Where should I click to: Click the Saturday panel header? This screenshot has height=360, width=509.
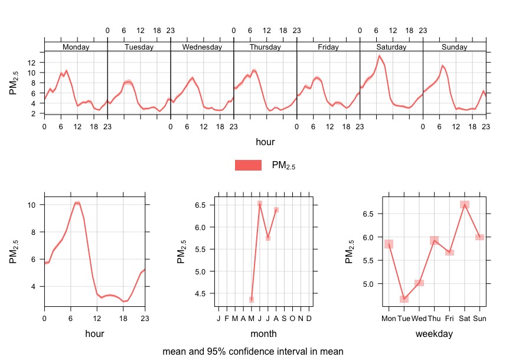coord(391,47)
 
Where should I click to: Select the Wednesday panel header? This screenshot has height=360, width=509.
coord(202,47)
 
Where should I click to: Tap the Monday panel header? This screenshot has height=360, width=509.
coord(76,47)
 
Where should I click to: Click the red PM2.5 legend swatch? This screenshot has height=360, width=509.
coord(248,165)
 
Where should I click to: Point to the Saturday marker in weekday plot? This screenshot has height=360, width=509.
coord(465,205)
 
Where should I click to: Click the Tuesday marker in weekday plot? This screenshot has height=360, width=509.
coord(404,299)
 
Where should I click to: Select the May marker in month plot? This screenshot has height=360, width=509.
coord(252,300)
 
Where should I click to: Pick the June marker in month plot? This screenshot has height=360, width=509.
coord(260,204)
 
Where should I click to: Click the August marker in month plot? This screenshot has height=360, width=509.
coord(276,210)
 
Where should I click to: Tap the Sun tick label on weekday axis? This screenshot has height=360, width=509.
coord(479,319)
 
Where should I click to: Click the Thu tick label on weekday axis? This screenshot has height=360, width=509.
coord(434,319)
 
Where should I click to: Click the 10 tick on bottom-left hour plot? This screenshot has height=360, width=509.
coord(32,205)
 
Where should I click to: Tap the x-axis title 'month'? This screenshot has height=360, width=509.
coord(263,334)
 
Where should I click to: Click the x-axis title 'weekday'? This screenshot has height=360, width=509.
coord(434,334)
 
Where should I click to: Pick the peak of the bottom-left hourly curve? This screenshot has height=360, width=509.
coord(77,203)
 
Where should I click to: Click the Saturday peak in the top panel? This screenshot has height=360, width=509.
coord(379,56)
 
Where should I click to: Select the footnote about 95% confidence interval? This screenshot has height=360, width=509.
coord(253,351)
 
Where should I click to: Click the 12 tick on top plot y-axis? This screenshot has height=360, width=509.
coord(33,62)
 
